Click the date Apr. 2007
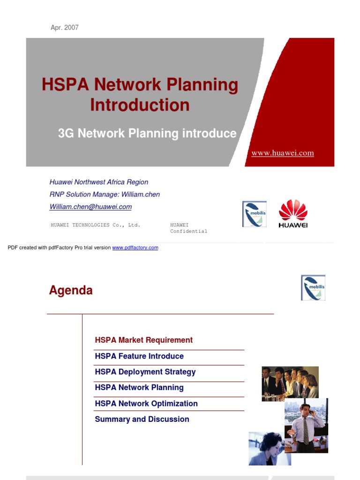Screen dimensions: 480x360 [x=65, y=28]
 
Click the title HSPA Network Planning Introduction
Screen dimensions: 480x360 [x=140, y=95]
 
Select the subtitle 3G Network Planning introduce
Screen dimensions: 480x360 [x=147, y=134]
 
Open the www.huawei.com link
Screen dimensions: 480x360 [x=283, y=153]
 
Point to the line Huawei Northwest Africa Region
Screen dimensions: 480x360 [x=99, y=182]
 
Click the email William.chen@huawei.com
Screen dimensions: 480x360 [x=90, y=207]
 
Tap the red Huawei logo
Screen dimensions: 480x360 [x=293, y=214]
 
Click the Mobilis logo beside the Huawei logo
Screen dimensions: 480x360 [x=254, y=214]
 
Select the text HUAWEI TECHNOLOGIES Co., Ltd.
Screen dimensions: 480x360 [x=95, y=225]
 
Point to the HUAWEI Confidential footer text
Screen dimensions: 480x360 [x=188, y=228]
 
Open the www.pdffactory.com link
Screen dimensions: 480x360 [x=135, y=247]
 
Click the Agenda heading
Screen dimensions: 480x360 [x=71, y=291]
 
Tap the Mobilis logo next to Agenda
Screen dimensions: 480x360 [x=313, y=288]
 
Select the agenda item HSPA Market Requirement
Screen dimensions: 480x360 [x=143, y=340]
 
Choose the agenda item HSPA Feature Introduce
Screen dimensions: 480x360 [x=139, y=356]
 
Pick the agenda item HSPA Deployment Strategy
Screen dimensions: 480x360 [x=145, y=372]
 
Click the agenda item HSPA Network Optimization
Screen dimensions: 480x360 [x=146, y=404]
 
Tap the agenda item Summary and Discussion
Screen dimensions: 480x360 [x=142, y=420]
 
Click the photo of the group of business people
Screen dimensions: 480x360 [x=290, y=383]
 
